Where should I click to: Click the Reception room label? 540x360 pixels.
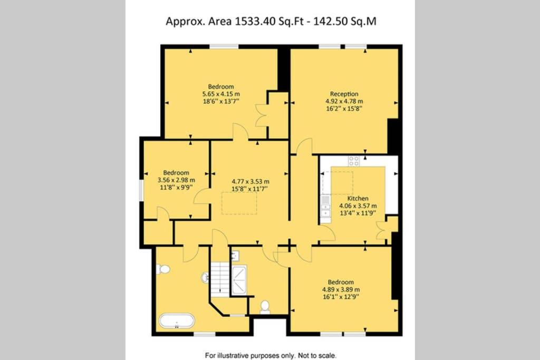(344, 94)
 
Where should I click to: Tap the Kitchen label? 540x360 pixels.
(358, 198)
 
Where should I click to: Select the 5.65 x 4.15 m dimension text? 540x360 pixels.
(221, 94)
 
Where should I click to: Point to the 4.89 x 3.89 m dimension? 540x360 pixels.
(341, 289)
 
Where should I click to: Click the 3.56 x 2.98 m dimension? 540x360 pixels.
(176, 180)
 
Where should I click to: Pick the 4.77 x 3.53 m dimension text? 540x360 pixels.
(250, 181)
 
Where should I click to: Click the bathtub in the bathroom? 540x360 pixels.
(177, 321)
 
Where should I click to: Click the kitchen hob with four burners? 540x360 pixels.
(354, 161)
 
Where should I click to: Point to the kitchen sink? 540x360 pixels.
(325, 206)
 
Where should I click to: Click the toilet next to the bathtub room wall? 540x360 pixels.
(163, 269)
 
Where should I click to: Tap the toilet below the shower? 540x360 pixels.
(265, 307)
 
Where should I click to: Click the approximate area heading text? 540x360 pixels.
(271, 21)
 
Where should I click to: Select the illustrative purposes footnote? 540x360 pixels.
(271, 355)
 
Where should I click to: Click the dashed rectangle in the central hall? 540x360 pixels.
(239, 203)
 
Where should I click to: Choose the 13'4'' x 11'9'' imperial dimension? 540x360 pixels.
(358, 213)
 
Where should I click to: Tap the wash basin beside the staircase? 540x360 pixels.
(205, 277)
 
